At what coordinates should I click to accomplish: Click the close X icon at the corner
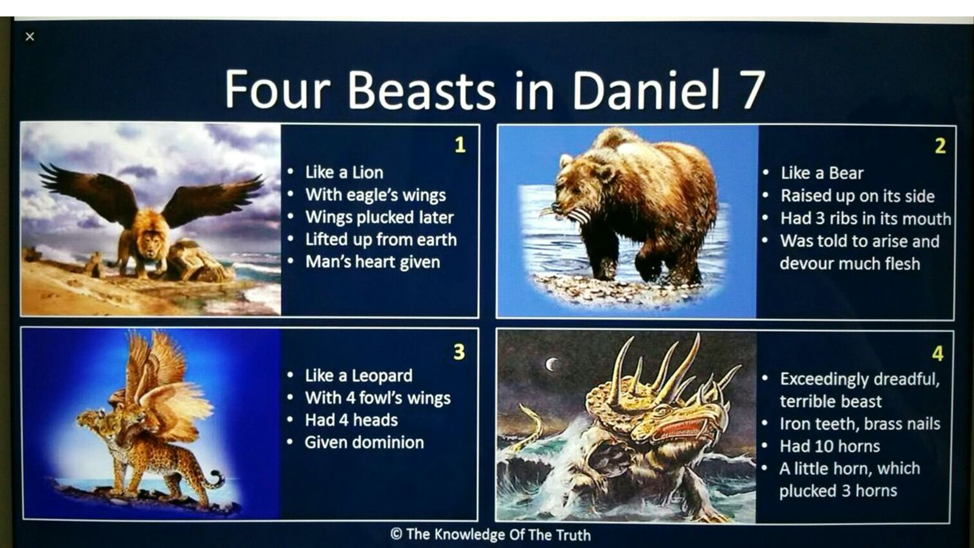30,37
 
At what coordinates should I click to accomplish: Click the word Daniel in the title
646,90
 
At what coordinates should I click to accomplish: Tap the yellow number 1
460,145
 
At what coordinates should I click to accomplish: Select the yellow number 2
940,146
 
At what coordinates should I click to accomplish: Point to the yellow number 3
459,352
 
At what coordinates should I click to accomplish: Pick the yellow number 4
938,354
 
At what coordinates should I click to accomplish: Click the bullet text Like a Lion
344,173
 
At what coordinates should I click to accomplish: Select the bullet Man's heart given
373,262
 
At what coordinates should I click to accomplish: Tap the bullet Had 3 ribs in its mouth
865,219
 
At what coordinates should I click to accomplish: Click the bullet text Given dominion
365,442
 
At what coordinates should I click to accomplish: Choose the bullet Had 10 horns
830,446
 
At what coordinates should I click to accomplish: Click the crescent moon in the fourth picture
552,364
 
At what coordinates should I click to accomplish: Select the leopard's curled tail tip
216,477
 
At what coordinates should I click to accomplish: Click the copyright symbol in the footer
396,533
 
